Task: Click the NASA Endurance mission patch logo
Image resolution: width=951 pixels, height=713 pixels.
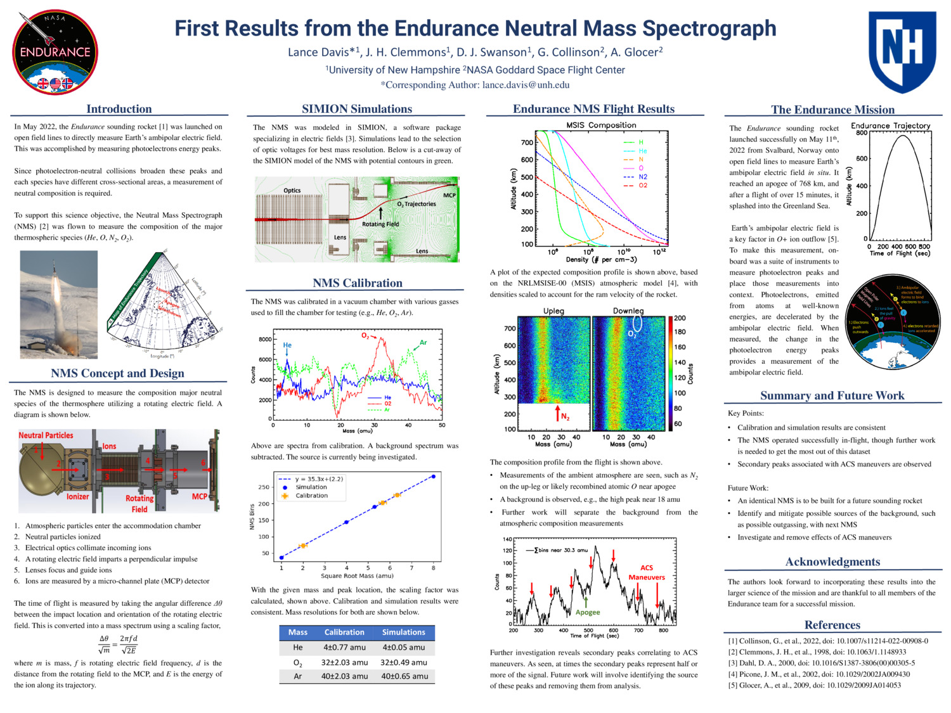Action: (x=55, y=53)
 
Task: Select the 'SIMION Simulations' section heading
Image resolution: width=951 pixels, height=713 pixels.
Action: (x=357, y=109)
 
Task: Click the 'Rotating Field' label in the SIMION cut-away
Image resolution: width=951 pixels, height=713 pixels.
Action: (x=380, y=224)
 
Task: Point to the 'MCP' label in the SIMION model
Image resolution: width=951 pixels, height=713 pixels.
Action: (x=449, y=195)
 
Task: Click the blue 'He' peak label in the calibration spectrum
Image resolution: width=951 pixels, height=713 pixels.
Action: (x=287, y=345)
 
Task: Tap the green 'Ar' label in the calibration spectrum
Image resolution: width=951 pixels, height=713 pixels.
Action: (x=423, y=343)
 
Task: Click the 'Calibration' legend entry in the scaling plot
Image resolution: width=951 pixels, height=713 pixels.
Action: (x=311, y=496)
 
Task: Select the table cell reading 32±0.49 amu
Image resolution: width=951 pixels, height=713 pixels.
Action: (x=403, y=662)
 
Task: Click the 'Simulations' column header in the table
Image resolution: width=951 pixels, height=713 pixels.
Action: (x=403, y=632)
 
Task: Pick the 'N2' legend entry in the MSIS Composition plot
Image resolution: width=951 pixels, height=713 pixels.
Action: (x=643, y=177)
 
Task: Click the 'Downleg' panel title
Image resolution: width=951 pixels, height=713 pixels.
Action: (x=628, y=311)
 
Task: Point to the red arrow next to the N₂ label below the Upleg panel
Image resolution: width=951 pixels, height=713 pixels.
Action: (x=557, y=412)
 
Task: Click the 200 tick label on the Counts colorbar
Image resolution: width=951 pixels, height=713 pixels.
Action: (x=680, y=318)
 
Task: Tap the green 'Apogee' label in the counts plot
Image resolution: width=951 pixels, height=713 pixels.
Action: (x=587, y=612)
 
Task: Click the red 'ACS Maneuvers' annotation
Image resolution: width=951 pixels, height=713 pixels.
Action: (x=647, y=572)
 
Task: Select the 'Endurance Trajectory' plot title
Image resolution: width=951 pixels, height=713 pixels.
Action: (x=890, y=125)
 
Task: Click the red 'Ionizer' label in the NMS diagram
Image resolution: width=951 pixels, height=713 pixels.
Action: (x=77, y=496)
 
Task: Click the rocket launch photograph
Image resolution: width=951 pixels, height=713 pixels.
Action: (x=59, y=304)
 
